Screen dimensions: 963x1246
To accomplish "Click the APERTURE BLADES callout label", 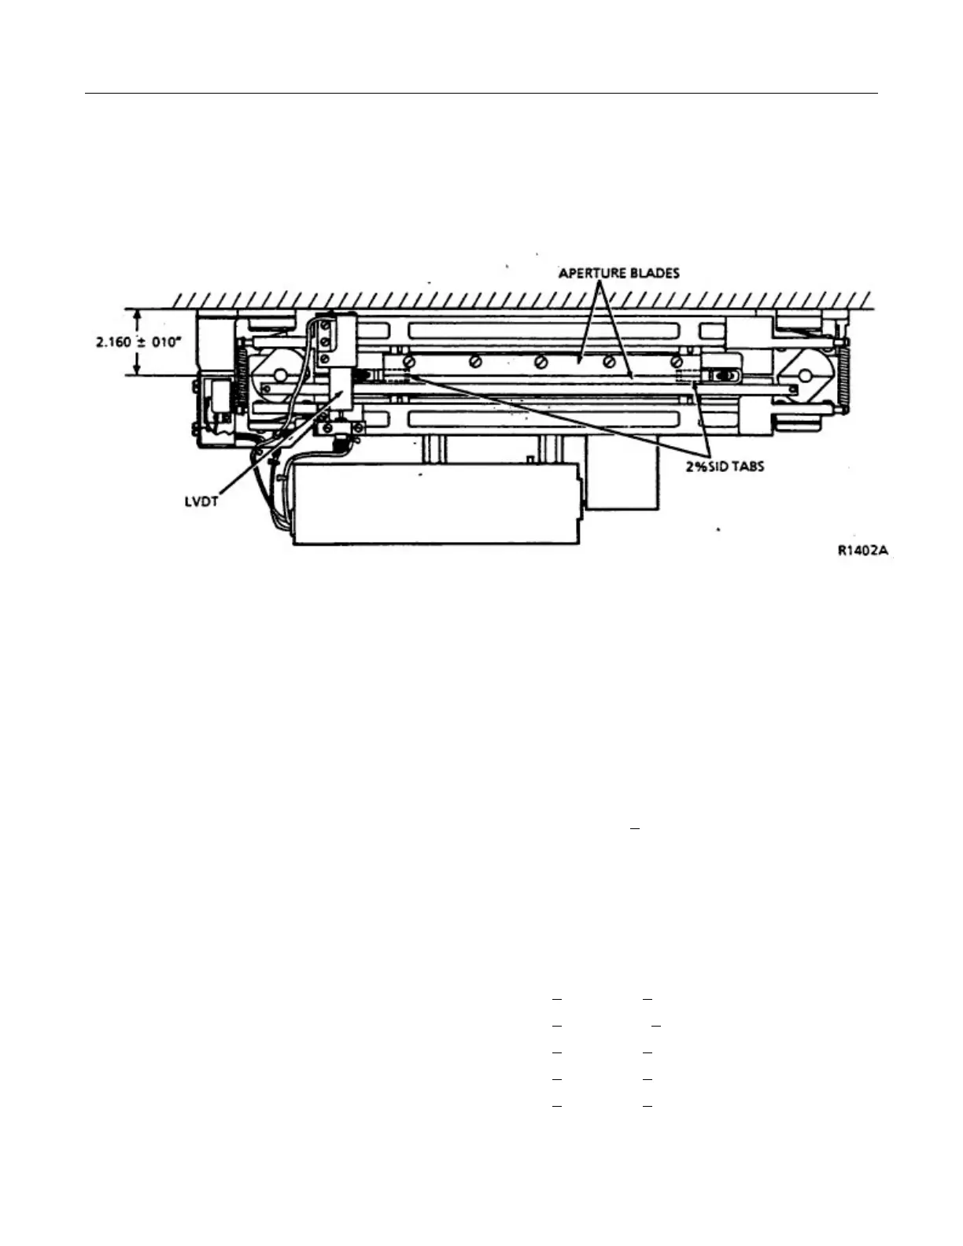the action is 618,273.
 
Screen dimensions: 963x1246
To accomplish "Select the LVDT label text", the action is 201,501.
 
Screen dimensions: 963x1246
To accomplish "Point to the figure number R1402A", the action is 863,551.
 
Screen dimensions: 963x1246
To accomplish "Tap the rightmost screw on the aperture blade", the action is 677,361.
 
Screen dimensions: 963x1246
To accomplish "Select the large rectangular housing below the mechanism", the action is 437,503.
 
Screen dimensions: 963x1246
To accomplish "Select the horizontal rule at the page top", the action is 481,94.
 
